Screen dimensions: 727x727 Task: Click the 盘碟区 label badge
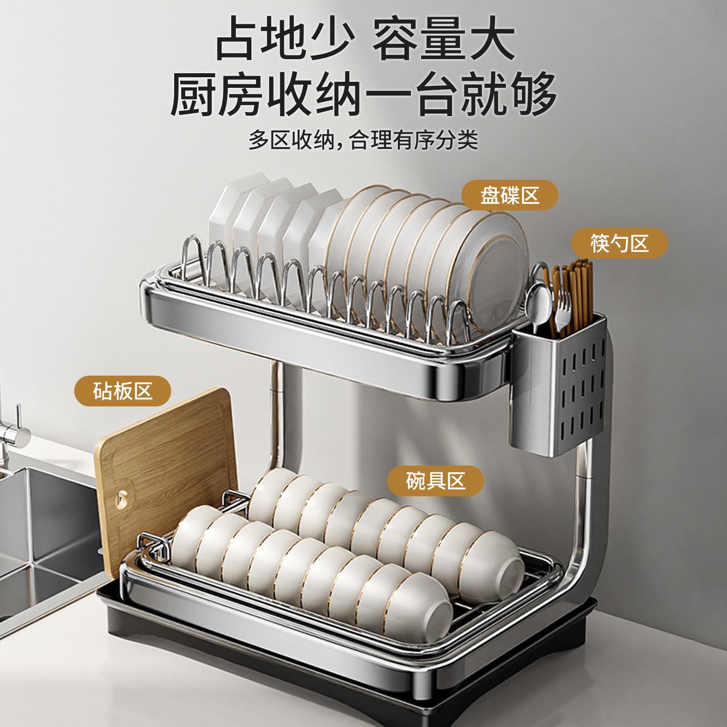coord(510,195)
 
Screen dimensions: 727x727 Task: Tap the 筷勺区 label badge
coord(619,244)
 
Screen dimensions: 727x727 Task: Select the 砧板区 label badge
coord(123,391)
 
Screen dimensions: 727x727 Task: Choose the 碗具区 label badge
coord(435,480)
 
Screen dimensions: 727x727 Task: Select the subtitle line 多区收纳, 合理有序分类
coord(363,140)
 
